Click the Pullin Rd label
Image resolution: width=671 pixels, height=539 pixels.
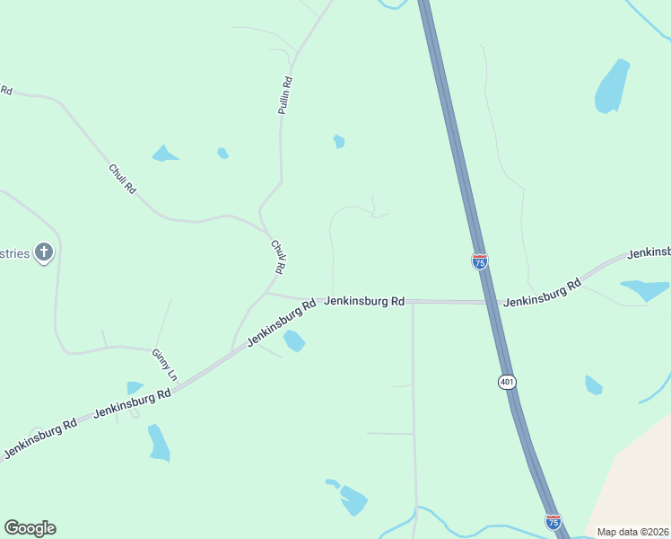[286, 94]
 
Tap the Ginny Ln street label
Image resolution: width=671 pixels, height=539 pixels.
[163, 361]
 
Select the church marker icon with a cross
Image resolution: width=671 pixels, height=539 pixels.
[44, 252]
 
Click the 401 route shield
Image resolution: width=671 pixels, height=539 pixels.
[507, 382]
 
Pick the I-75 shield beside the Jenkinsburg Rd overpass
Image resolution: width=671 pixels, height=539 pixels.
[480, 261]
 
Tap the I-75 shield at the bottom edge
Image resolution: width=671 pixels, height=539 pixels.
[553, 521]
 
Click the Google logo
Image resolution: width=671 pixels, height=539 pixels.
[30, 527]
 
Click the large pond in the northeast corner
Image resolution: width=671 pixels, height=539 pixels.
[613, 85]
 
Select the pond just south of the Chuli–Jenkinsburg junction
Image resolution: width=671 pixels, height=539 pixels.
[293, 340]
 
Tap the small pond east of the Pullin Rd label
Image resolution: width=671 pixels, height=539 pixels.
[338, 141]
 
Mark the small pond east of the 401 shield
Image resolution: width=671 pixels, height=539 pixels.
[593, 385]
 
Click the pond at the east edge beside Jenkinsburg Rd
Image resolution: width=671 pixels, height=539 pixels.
[645, 289]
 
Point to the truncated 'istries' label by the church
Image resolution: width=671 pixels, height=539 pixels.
[15, 253]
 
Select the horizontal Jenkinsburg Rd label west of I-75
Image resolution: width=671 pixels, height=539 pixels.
[364, 301]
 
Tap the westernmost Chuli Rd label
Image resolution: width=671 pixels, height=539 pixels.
[123, 178]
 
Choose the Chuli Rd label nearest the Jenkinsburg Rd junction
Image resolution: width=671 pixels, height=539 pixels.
[278, 256]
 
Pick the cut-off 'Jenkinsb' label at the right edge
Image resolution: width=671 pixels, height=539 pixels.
[649, 252]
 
